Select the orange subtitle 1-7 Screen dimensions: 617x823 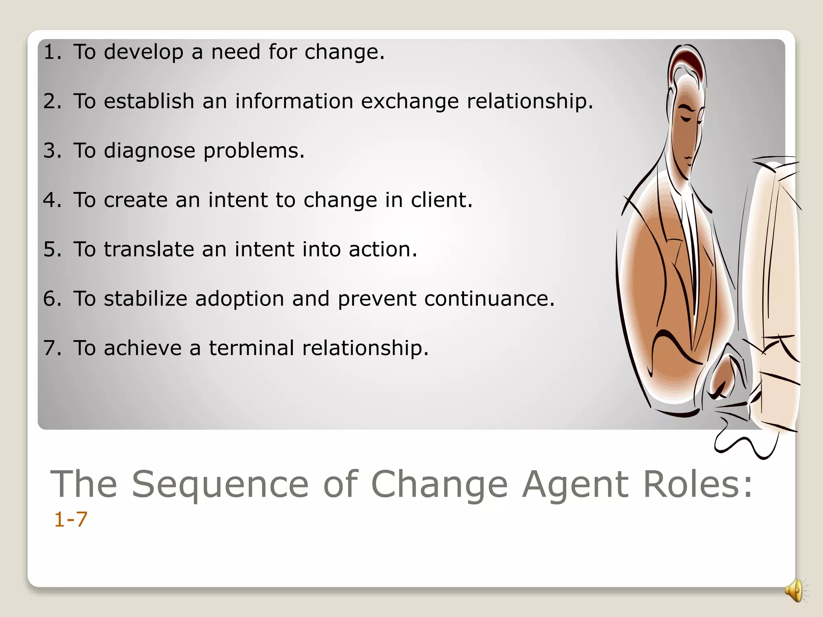click(70, 519)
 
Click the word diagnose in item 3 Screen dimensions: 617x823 click(149, 151)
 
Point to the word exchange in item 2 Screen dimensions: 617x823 click(409, 101)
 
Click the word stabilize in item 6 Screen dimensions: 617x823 click(145, 299)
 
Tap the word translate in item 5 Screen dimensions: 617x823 click(149, 249)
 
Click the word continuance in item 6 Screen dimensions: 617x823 click(485, 299)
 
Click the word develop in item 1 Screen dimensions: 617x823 click(143, 52)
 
